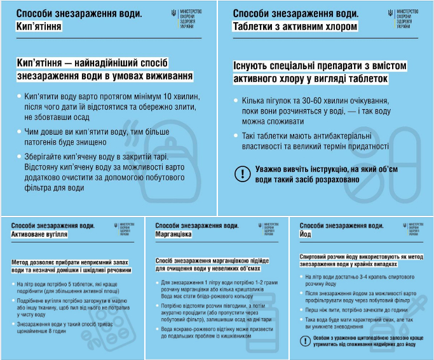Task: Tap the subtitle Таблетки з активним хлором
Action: pos(295,27)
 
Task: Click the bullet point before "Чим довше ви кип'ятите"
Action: pos(18,131)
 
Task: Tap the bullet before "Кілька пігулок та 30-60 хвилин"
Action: pos(236,101)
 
